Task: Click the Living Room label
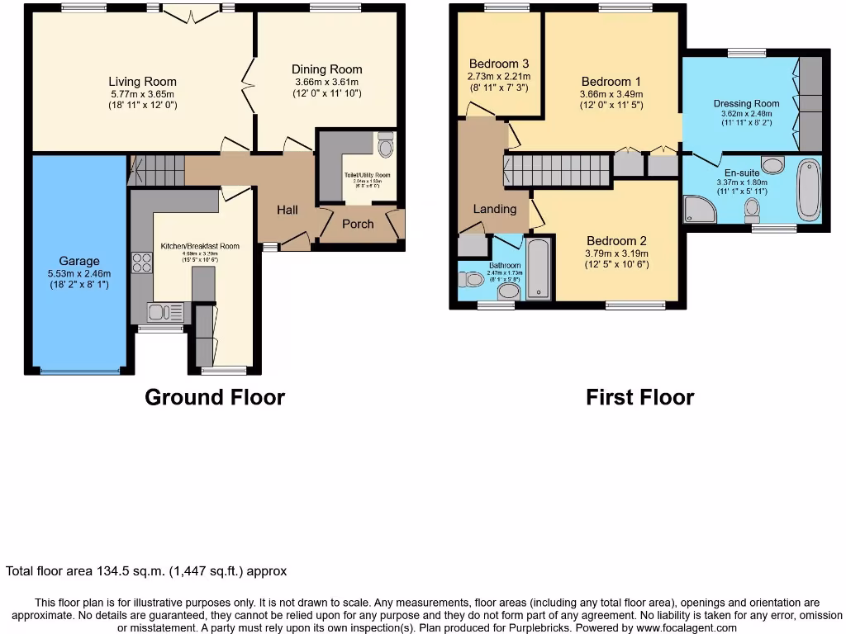coord(143,82)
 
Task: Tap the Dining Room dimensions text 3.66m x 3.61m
coord(326,83)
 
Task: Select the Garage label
coord(78,261)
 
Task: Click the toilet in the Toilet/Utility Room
coord(385,146)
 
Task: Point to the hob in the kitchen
coord(142,263)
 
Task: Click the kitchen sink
coord(164,312)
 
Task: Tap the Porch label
coord(358,224)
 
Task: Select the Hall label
coord(287,211)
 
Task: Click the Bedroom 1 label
coord(611,82)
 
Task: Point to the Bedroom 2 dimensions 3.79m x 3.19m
coord(616,253)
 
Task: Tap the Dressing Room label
coord(746,104)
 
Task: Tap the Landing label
coord(495,209)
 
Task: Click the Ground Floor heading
coord(215,397)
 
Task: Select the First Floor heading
coord(639,397)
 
